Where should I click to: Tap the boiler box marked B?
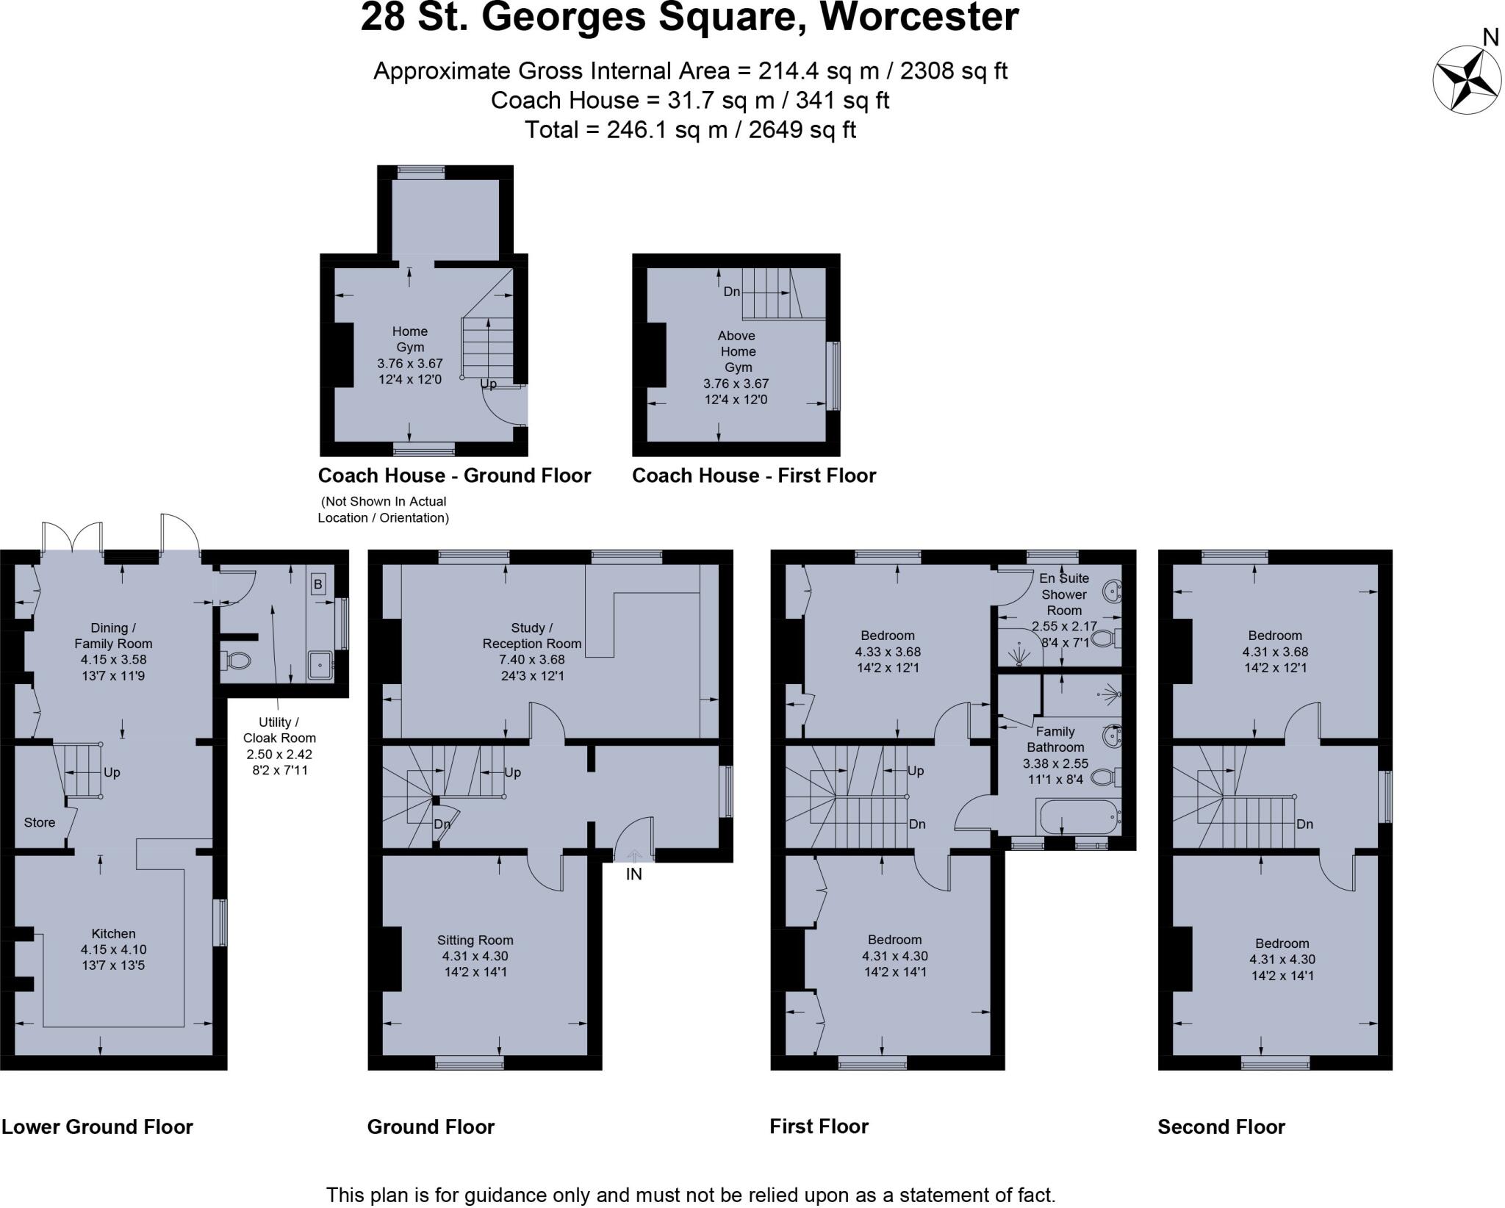point(317,585)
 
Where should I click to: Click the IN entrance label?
point(633,874)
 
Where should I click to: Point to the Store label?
point(39,822)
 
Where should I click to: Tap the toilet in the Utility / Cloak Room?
point(237,660)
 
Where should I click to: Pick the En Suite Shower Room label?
point(1063,594)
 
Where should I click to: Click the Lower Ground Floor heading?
point(97,1127)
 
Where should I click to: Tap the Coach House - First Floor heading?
point(754,475)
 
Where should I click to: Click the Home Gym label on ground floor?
point(409,339)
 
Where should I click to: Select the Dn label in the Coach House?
point(731,292)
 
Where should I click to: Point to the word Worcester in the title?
point(919,18)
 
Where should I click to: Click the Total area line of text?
point(690,130)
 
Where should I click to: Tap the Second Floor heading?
point(1221,1127)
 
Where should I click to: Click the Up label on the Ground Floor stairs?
point(513,772)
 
